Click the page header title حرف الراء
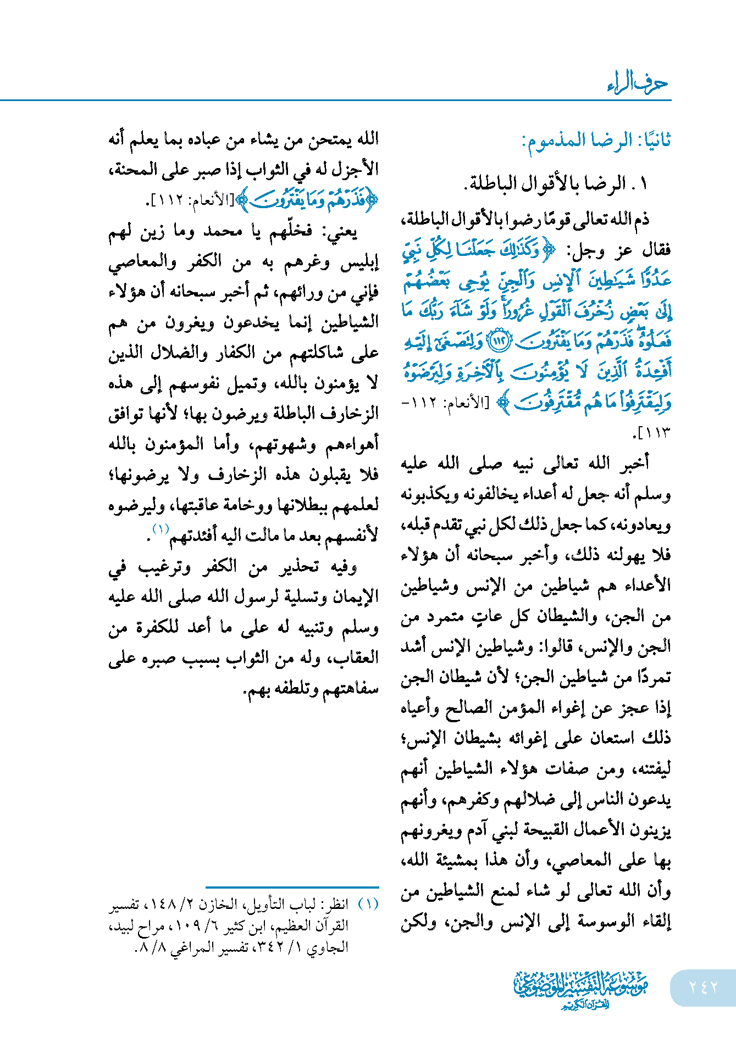click(x=638, y=83)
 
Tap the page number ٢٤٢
click(x=703, y=987)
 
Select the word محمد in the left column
click(x=223, y=231)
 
